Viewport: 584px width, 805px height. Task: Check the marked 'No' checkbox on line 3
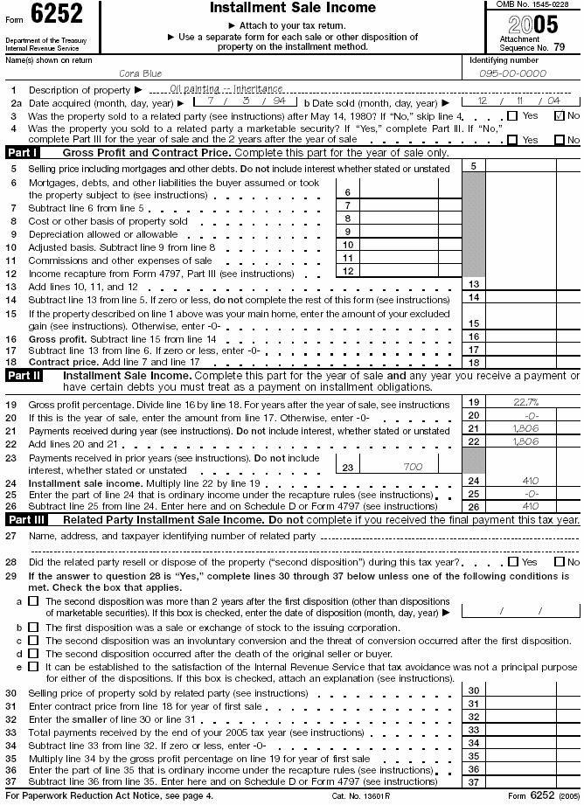[560, 115]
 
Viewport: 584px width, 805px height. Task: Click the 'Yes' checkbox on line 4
[512, 139]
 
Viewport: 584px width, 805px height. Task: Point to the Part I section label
[24, 152]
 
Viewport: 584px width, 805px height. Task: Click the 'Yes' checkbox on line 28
[512, 562]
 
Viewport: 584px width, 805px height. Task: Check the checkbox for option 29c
[33, 641]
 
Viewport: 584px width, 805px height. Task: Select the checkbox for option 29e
[33, 666]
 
